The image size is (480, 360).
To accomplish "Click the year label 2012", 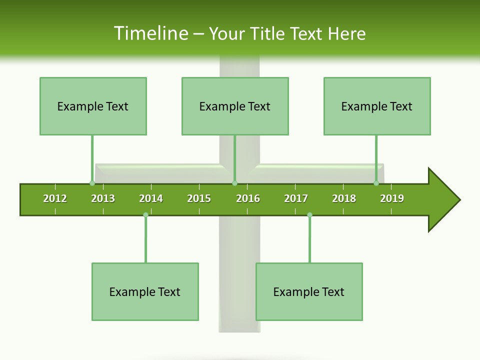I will point(55,198).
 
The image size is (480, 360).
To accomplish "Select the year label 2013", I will point(103,198).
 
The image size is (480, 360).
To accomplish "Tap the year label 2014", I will point(151,198).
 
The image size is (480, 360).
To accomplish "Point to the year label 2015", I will point(199,198).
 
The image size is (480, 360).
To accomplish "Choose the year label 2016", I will point(248,198).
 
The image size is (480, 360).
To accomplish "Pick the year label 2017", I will point(296,198).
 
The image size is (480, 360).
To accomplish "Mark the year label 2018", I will point(344,198).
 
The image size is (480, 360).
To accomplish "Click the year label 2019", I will point(392,198).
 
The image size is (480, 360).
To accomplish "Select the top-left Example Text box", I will point(93,106).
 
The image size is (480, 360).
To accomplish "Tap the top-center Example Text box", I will point(235,106).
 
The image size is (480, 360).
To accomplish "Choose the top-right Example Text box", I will point(377,106).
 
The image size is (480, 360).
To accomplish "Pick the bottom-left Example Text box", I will point(145,291).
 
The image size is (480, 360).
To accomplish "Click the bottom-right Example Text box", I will point(309,291).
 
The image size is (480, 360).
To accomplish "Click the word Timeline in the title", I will point(150,33).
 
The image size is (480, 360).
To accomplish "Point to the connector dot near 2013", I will point(92,183).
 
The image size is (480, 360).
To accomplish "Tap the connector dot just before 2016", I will point(234,183).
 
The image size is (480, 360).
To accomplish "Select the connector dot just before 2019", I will point(376,183).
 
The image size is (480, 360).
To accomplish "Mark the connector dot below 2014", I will point(145,214).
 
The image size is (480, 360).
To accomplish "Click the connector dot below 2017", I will point(309,214).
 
